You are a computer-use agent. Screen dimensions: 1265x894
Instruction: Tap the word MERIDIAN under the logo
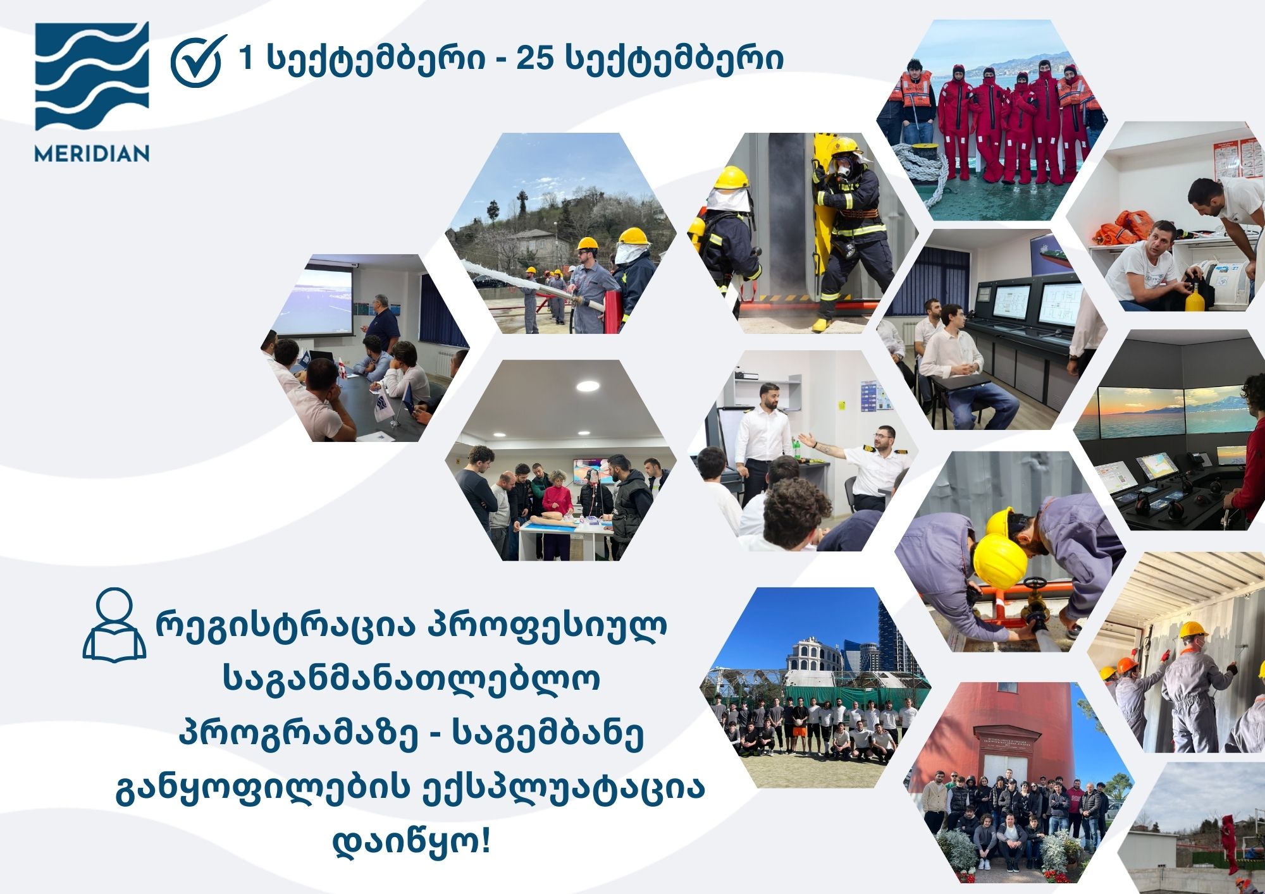(x=92, y=154)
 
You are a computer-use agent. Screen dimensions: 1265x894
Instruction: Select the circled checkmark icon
(x=199, y=61)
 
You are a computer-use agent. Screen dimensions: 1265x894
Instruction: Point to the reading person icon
(x=114, y=625)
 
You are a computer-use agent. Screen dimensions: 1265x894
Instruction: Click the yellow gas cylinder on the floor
(x=1194, y=294)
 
